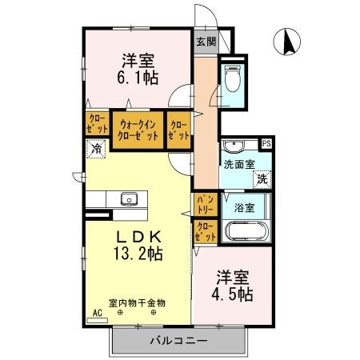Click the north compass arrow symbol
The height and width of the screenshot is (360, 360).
(x=286, y=41)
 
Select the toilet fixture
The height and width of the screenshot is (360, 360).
(x=233, y=79)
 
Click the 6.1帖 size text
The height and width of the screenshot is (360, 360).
(x=138, y=78)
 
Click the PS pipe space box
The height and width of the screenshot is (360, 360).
(x=267, y=144)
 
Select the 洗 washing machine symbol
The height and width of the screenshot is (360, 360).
(x=262, y=179)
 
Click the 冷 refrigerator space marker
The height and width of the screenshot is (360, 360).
(x=96, y=149)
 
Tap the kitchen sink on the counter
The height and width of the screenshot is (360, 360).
(x=129, y=199)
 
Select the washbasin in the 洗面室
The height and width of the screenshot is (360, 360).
(x=235, y=146)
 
